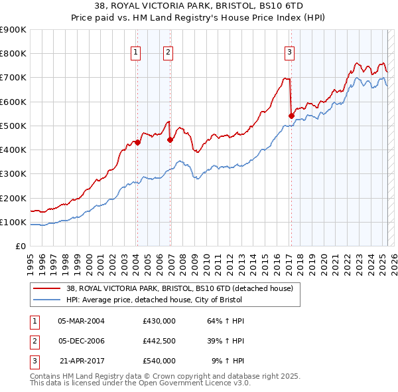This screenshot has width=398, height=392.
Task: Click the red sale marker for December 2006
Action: coord(170,140)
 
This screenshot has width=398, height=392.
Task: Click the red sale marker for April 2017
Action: coord(291,116)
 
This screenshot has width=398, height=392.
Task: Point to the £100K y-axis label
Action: coord(13,222)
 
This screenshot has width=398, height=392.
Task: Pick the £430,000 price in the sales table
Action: coord(159,321)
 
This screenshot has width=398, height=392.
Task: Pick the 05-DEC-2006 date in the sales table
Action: coord(81,341)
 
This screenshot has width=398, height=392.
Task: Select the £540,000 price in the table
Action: coord(159,361)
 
